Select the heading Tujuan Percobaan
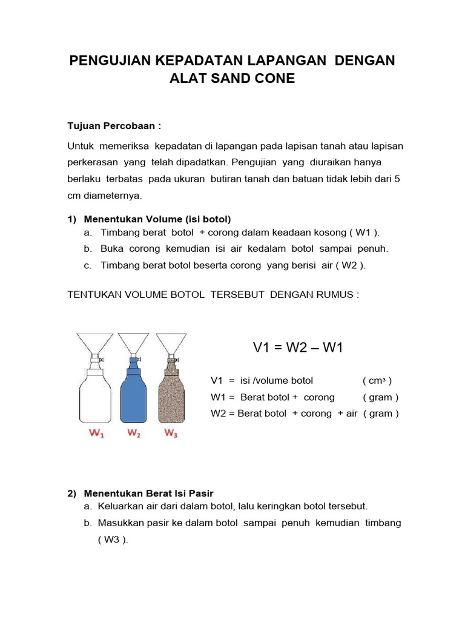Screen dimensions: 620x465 click(x=114, y=126)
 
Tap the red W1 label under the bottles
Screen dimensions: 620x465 click(x=96, y=433)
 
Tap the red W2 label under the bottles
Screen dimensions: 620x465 click(x=134, y=433)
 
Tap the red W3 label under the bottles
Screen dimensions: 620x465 click(x=171, y=433)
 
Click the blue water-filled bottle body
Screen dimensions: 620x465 click(x=134, y=400)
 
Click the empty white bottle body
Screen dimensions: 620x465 click(x=96, y=400)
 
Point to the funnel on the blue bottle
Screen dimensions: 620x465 click(x=134, y=342)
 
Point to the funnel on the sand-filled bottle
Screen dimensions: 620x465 click(x=171, y=342)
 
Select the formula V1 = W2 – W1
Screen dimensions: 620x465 click(x=298, y=348)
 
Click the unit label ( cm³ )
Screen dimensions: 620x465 click(x=377, y=381)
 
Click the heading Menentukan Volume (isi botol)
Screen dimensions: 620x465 click(x=157, y=219)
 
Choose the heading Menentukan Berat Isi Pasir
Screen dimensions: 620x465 click(x=148, y=493)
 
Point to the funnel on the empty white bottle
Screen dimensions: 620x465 click(x=96, y=342)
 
